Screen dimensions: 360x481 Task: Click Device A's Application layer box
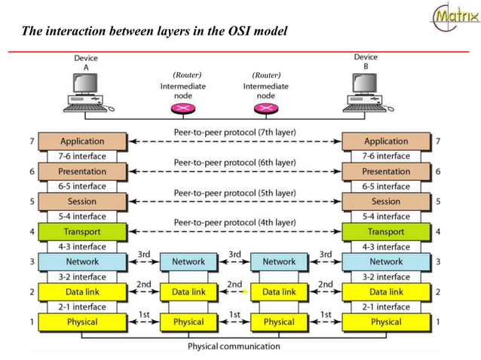pos(82,141)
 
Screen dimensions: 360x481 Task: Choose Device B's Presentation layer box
pos(386,171)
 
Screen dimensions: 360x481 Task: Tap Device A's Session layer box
pos(82,201)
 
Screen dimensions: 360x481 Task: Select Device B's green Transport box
pos(386,231)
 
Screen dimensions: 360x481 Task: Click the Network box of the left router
pos(188,261)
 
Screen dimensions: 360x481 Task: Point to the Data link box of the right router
pos(279,291)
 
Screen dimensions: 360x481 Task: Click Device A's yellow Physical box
pos(82,322)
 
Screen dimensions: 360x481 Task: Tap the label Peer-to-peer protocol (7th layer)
pos(234,133)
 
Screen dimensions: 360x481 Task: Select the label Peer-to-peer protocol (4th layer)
pos(234,223)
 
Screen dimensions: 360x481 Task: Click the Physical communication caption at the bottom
pos(234,346)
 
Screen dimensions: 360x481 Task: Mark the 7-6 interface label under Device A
pos(82,156)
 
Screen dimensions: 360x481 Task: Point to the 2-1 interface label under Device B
pos(386,307)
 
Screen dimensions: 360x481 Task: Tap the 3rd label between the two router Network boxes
pos(234,255)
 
